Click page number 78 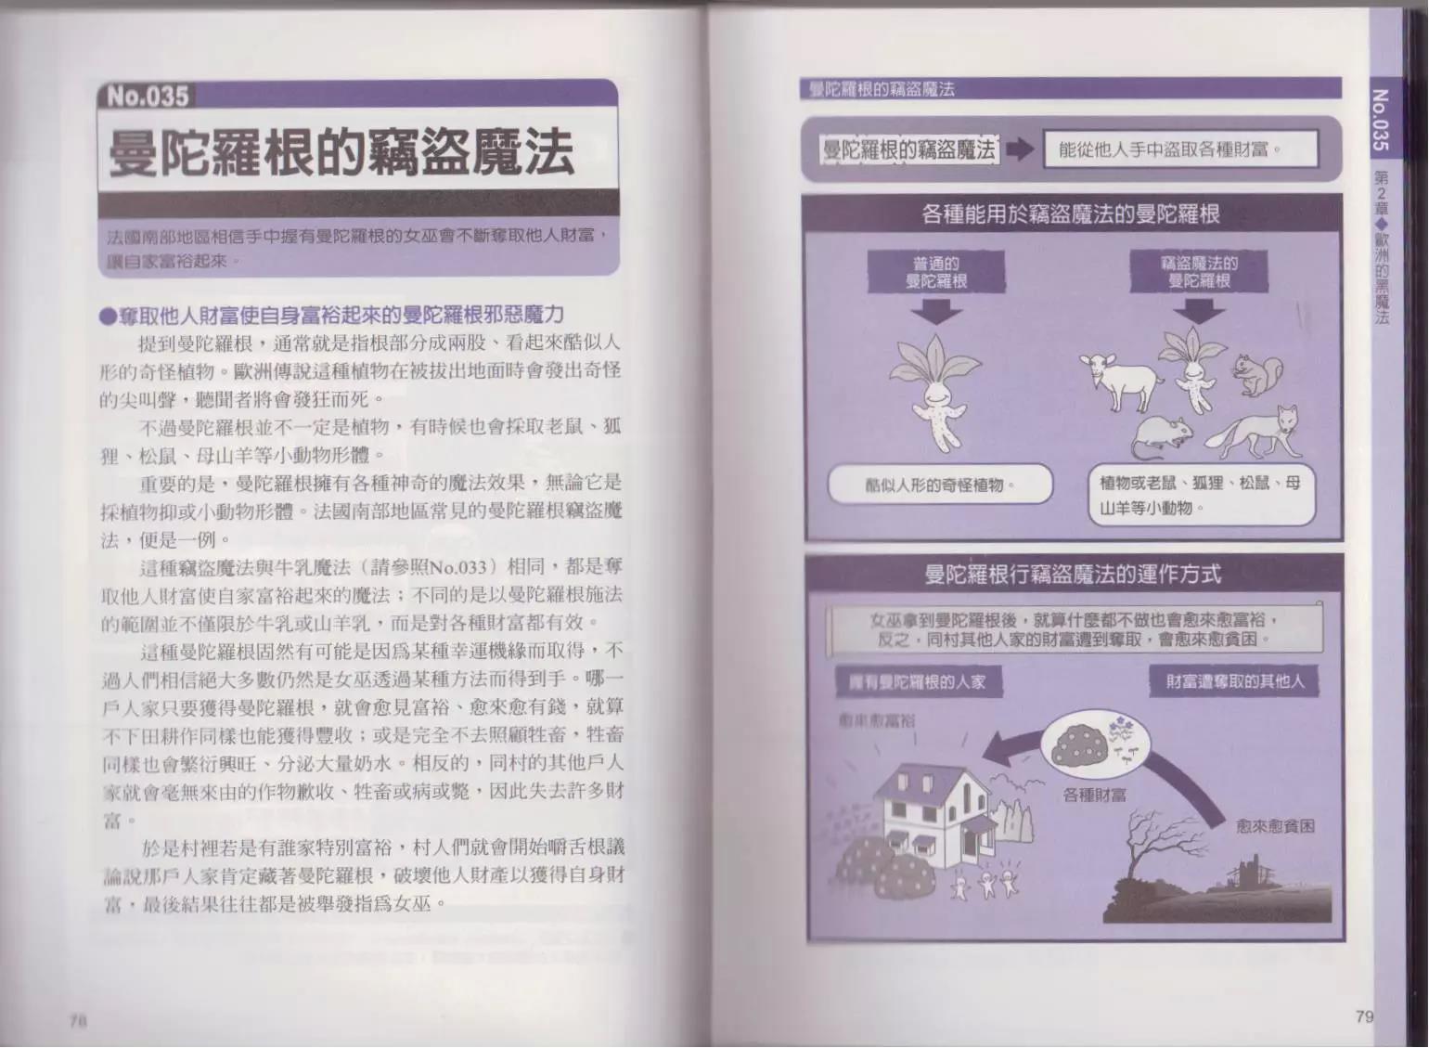pos(77,1019)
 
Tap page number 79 pos(1363,1016)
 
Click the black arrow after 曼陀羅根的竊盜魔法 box pos(1020,149)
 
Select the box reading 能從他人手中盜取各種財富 pos(1179,149)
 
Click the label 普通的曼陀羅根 pos(936,273)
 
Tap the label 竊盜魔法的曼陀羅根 pos(1199,272)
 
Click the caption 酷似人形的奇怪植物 pos(939,485)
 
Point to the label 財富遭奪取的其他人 pos(1234,681)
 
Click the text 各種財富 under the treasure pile pos(1094,795)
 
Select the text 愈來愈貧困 pos(1275,825)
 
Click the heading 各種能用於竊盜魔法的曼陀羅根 pos(1070,214)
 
